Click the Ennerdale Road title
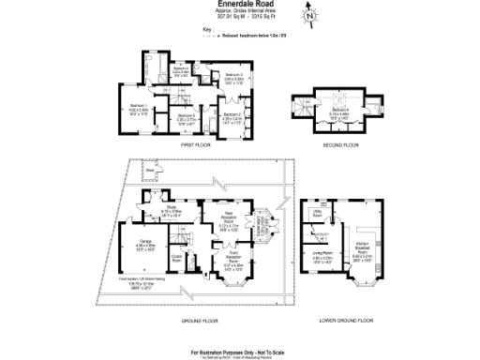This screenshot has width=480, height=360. (x=239, y=4)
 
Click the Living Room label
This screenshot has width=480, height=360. (x=323, y=253)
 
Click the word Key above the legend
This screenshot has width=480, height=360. (x=207, y=30)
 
